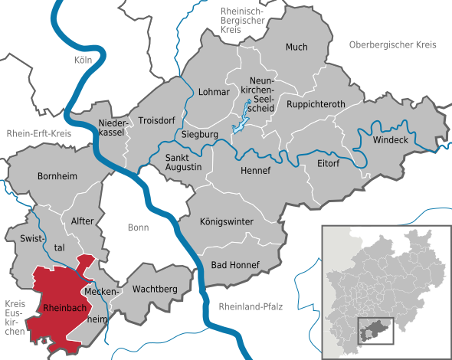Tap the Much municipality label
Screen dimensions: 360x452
click(x=296, y=47)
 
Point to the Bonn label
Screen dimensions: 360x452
click(x=139, y=227)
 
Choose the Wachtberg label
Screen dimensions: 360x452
click(x=155, y=289)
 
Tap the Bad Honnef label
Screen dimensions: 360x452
click(x=235, y=265)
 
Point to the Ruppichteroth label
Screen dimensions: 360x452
click(x=316, y=103)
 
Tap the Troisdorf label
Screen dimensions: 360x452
click(x=156, y=120)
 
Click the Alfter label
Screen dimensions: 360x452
click(x=82, y=221)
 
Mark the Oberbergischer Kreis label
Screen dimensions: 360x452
click(x=391, y=45)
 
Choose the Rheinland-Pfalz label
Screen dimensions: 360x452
click(x=251, y=306)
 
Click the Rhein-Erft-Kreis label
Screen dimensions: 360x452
click(x=38, y=133)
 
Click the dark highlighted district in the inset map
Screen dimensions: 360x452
click(x=374, y=330)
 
